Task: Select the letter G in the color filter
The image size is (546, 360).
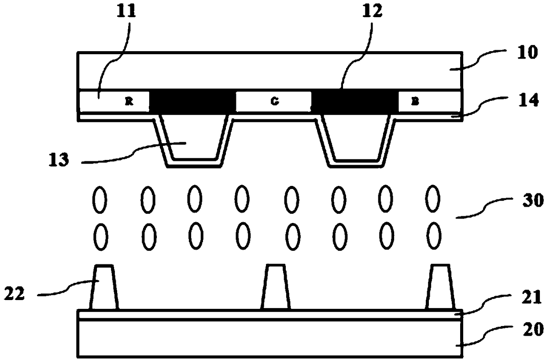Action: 274,101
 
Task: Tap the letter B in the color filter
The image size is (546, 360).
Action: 415,101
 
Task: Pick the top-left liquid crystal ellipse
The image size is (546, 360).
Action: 100,199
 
